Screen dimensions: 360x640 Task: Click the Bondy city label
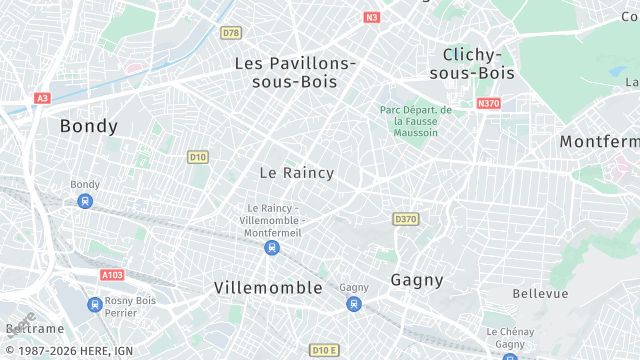[x=89, y=126]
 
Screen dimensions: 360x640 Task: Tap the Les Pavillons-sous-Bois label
[x=295, y=72]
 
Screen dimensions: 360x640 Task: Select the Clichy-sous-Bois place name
[x=471, y=63]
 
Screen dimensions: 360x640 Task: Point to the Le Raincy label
[x=297, y=173]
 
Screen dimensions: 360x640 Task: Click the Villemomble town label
[x=268, y=288]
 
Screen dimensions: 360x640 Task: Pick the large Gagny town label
[x=417, y=279]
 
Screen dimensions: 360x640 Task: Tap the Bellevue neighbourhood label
[x=540, y=293]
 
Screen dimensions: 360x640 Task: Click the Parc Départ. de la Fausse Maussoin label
[x=416, y=121]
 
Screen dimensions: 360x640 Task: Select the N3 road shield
[x=372, y=17]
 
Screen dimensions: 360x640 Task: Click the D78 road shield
[x=231, y=33]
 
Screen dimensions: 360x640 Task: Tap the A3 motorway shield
[x=42, y=98]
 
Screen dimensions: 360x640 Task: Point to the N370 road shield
[x=488, y=103]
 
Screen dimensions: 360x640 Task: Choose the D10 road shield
[x=198, y=156]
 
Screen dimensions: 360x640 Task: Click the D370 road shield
[x=405, y=219]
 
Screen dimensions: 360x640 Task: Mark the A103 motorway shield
[x=112, y=274]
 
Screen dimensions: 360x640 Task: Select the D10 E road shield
[x=323, y=350]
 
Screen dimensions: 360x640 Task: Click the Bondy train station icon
[x=85, y=201]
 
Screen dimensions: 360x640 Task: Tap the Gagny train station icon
[x=353, y=303]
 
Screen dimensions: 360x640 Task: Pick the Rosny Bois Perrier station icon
[x=94, y=304]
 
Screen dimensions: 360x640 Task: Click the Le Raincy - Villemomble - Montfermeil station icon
[x=272, y=248]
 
